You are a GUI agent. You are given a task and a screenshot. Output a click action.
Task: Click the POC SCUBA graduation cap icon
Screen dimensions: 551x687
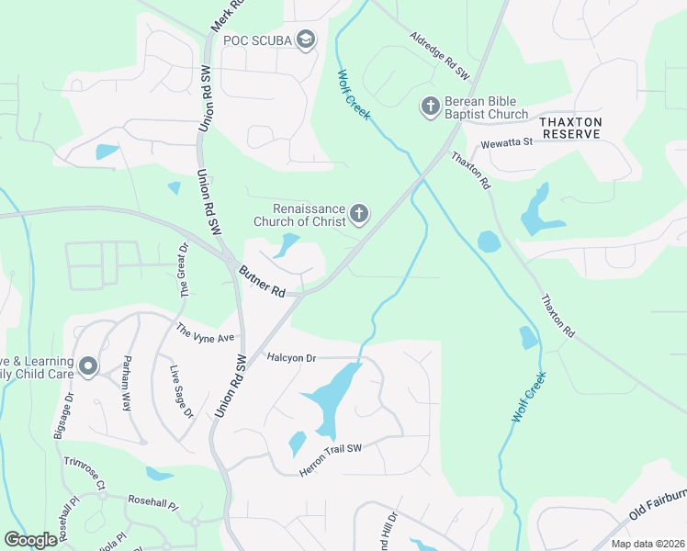coord(306,39)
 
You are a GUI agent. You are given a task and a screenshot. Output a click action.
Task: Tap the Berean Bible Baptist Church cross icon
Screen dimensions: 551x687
coord(429,107)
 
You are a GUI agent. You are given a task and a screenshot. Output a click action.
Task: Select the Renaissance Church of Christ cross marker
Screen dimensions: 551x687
coord(358,215)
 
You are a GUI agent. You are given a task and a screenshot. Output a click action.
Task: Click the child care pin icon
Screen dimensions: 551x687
coord(88,367)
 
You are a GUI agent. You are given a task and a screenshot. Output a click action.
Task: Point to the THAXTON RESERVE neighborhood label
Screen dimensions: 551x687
coord(570,128)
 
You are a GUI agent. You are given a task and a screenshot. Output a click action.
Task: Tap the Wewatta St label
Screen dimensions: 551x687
coord(508,142)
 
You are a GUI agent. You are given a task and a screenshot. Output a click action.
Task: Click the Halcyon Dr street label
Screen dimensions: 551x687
coord(291,356)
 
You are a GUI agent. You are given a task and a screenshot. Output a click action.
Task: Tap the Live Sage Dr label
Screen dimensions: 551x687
coord(182,392)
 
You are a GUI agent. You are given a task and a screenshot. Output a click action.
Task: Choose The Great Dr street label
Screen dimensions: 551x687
coord(182,275)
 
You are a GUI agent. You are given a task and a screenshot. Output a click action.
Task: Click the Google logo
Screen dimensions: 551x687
coord(30,540)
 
